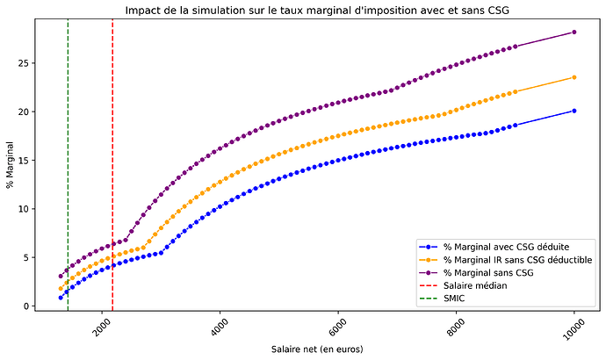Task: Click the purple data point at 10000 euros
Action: point(574,32)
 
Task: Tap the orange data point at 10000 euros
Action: point(574,77)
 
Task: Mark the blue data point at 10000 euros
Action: point(574,111)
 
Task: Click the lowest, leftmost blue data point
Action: point(61,298)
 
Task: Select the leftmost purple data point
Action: point(61,276)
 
